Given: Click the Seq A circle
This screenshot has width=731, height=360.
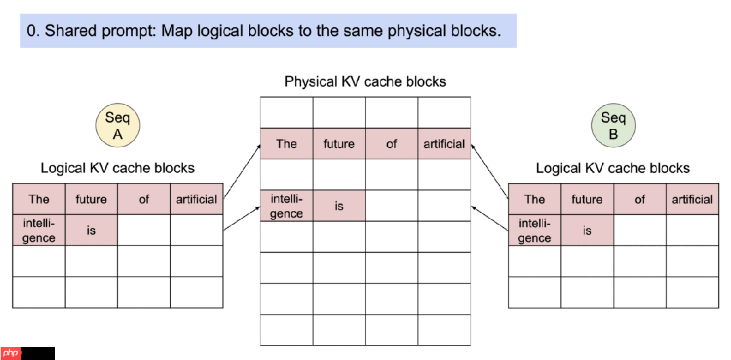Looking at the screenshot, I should [x=117, y=126].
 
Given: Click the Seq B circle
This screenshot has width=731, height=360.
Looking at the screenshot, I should [x=613, y=126].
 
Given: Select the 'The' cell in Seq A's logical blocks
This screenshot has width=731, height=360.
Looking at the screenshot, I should [x=39, y=199].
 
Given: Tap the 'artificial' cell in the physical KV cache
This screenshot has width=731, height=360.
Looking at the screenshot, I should [x=444, y=144].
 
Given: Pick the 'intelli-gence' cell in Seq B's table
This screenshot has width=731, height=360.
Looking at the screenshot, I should [x=534, y=231].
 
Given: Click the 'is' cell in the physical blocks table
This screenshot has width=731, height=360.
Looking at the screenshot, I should [x=339, y=206].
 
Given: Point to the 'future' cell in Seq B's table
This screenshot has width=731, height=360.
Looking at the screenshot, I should [x=587, y=199].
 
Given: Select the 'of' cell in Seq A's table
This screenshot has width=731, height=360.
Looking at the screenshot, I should [x=144, y=199].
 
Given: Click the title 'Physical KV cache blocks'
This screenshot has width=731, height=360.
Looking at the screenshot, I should [x=365, y=82].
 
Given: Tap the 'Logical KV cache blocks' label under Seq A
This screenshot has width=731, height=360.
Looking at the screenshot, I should [x=117, y=168].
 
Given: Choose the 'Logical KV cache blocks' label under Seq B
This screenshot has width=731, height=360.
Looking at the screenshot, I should [x=612, y=168].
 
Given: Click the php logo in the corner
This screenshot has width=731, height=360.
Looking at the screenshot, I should [x=12, y=353].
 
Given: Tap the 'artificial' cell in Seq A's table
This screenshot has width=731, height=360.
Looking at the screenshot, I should [x=197, y=199].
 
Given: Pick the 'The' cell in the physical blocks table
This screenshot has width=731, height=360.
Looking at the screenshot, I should [x=286, y=144].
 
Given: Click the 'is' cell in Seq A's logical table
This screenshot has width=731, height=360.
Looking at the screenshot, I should [x=91, y=231].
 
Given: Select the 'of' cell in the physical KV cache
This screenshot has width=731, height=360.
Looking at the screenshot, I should [x=391, y=144].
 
